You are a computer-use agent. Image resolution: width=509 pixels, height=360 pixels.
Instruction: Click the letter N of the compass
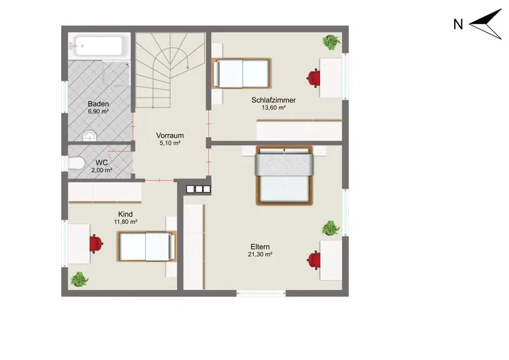click(x=458, y=24)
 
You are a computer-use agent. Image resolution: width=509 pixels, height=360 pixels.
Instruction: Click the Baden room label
click(x=99, y=104)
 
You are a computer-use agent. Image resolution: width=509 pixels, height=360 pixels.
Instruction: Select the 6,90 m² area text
click(x=99, y=111)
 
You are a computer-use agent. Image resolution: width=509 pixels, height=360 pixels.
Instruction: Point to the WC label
click(x=102, y=162)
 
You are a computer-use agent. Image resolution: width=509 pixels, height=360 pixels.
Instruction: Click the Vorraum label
click(x=170, y=135)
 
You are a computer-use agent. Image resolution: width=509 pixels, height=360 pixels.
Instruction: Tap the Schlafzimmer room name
click(x=274, y=100)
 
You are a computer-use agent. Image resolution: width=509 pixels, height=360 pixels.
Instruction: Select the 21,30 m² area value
click(x=260, y=254)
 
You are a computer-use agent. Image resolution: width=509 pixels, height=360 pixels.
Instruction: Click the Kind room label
click(x=125, y=214)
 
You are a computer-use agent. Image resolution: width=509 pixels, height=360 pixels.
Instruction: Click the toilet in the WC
click(x=76, y=163)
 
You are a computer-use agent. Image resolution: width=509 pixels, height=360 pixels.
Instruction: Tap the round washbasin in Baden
click(x=90, y=136)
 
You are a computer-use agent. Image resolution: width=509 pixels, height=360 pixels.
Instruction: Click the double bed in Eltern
click(x=284, y=176)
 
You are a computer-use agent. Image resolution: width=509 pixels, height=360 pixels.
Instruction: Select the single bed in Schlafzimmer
click(x=241, y=73)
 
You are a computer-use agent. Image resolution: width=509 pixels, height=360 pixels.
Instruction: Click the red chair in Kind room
click(x=96, y=244)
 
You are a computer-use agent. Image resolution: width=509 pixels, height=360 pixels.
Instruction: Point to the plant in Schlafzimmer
click(x=331, y=42)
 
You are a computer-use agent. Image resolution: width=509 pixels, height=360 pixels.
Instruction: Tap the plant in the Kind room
click(x=79, y=279)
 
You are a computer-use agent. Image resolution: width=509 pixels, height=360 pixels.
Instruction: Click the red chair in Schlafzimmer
click(x=314, y=78)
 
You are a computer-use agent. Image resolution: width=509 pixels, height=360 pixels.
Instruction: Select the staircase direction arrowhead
click(x=188, y=67)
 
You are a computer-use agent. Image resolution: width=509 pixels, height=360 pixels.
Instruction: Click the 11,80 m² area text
click(x=125, y=222)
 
